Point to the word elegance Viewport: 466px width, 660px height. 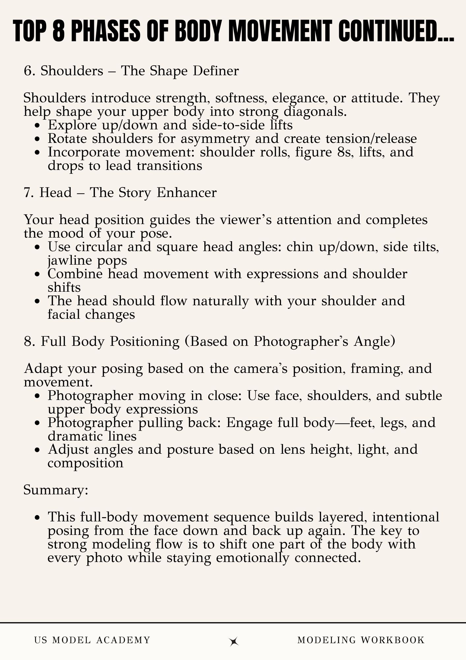pos(299,99)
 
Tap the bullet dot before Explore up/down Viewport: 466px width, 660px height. pos(40,126)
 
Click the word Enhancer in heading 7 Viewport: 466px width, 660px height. pos(187,193)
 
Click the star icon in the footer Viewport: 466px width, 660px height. pos(234,641)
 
